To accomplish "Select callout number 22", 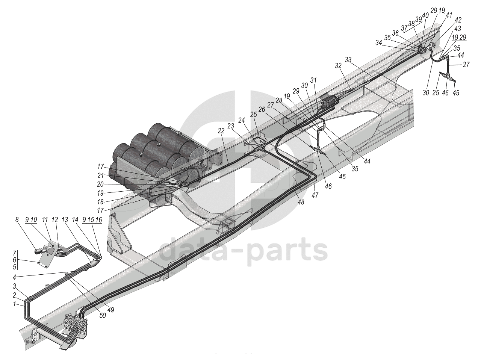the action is [x=221, y=130].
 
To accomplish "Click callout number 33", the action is [x=348, y=59].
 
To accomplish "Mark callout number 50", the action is [x=103, y=316].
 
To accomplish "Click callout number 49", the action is [x=111, y=310].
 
